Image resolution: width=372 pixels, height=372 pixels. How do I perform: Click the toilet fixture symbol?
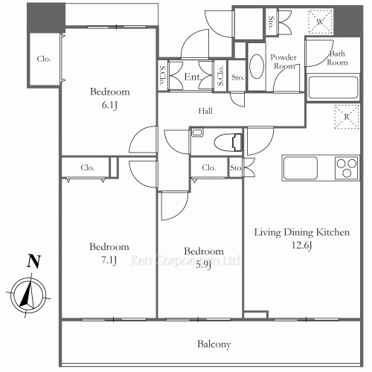point(228,143)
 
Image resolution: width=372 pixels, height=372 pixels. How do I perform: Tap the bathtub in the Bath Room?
point(333,87)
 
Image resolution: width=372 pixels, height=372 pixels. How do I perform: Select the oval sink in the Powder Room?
point(257,66)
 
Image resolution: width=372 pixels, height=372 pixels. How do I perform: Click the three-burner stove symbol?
point(347,167)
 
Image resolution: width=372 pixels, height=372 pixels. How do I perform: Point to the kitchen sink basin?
point(301,167)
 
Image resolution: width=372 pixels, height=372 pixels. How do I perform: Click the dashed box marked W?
point(320,22)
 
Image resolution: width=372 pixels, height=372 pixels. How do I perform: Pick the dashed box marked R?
point(347,117)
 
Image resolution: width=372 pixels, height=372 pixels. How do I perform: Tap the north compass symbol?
point(28,295)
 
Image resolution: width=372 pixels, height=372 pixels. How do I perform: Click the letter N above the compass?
point(33,261)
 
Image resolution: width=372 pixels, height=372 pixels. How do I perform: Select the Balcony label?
point(214,344)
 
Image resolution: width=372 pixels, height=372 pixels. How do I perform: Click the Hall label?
point(205,111)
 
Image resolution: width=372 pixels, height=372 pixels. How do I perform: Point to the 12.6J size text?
point(301,245)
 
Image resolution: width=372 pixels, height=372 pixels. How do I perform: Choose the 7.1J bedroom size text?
point(109,260)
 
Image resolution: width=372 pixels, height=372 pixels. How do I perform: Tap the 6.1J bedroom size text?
point(109,105)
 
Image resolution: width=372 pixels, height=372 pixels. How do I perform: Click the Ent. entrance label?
point(193,77)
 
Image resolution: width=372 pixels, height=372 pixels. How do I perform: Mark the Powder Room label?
point(283,62)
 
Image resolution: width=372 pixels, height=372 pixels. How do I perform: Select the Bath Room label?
point(337,58)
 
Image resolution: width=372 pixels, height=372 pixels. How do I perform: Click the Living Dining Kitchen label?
point(302,232)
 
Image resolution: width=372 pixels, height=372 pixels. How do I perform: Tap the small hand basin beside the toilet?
point(197,132)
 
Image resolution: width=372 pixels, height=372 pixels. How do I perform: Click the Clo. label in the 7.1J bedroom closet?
point(88,167)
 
